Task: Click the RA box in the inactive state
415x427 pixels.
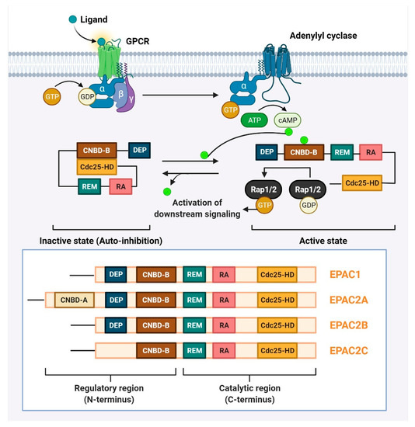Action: (120, 186)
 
